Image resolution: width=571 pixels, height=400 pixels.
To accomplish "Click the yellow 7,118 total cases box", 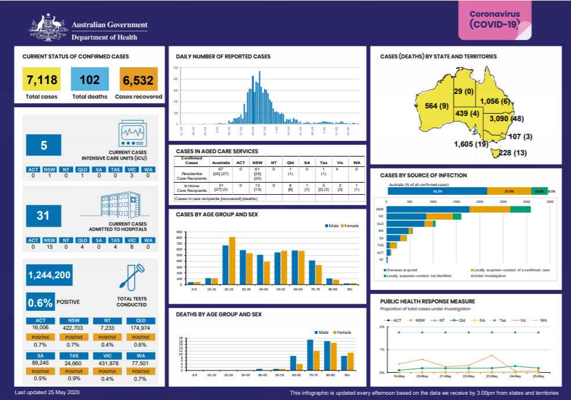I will [x=41, y=79].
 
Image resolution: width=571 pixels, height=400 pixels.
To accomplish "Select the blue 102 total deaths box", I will [x=90, y=79].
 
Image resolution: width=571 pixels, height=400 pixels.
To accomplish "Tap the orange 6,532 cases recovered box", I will [x=139, y=79].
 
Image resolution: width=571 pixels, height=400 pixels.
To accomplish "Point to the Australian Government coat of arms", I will [x=48, y=28].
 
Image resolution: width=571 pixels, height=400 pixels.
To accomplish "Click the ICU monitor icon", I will [x=133, y=134].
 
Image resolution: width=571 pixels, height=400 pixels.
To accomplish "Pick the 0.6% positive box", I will [x=41, y=301].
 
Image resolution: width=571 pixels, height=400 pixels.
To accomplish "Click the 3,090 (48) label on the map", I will [x=507, y=118].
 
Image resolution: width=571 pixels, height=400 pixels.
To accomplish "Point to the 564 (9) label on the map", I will [x=436, y=106].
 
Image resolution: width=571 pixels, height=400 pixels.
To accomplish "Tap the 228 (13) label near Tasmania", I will [x=512, y=152].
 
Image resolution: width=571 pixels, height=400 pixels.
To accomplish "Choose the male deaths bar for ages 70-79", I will [x=310, y=355].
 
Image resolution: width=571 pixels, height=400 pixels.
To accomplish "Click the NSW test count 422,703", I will [x=74, y=328].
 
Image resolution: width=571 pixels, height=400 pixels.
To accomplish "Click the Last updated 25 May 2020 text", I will [x=47, y=392].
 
